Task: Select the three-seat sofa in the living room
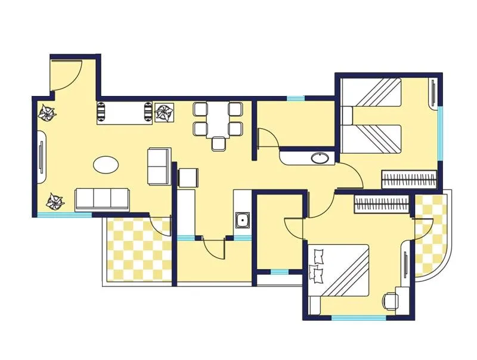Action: click(x=103, y=199)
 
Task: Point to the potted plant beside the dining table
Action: click(x=163, y=112)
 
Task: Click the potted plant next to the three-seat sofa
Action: click(x=55, y=201)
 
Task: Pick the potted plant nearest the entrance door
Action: click(x=47, y=111)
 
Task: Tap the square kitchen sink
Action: click(x=243, y=221)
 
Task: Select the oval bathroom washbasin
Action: click(x=321, y=159)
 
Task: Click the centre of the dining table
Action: click(x=218, y=119)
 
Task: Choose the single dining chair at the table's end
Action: click(x=219, y=143)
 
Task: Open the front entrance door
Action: click(x=66, y=75)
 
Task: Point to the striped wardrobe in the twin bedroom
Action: click(x=410, y=178)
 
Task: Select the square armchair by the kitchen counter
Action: click(x=188, y=178)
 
